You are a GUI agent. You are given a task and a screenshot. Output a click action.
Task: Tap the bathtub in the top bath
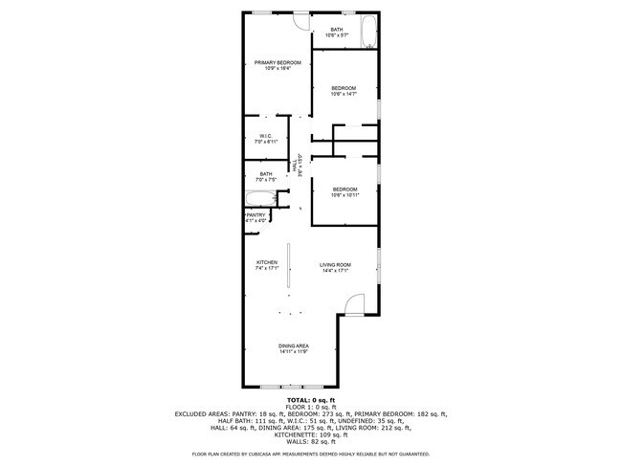point(369,33)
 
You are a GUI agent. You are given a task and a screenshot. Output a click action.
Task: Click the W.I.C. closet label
point(266,139)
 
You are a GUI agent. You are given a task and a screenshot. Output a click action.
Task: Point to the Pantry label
point(255,218)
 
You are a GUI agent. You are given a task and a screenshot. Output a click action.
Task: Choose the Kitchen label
point(266,265)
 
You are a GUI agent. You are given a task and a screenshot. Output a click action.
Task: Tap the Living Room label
point(335,267)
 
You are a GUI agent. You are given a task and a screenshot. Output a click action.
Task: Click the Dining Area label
point(293,348)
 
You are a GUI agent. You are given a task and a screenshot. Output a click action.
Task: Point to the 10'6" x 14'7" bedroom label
point(344,91)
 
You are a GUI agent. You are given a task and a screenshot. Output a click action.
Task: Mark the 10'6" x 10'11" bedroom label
point(344,192)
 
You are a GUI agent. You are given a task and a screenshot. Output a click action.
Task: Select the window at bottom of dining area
point(286,386)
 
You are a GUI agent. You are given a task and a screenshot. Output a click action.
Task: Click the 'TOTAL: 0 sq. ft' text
point(310,398)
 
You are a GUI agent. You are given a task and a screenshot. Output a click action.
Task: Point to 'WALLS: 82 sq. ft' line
point(310,442)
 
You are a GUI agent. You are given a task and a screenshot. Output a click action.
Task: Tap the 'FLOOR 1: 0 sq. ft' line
point(310,406)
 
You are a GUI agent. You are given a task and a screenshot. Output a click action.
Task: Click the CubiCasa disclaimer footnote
point(310,455)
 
